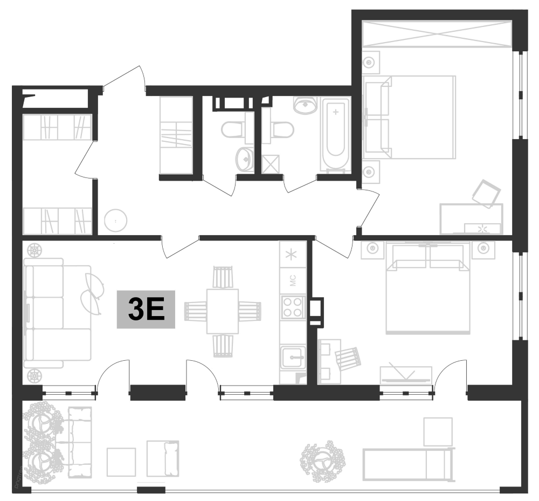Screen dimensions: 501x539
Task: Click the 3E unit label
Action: coord(147,310)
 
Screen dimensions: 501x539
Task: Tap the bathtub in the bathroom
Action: coord(336,133)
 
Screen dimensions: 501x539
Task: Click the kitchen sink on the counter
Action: coord(293,356)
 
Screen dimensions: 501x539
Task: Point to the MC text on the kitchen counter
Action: coord(293,280)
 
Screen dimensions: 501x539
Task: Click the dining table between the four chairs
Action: coord(223,311)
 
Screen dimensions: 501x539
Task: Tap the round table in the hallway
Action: coord(115,220)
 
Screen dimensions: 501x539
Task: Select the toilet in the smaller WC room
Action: coord(233,129)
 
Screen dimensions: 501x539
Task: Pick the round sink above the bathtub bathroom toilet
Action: coord(306,105)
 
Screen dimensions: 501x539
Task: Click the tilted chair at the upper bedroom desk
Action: coord(487,194)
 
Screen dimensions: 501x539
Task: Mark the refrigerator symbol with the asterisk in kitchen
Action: coord(293,253)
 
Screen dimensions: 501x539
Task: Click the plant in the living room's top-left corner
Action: coord(34,250)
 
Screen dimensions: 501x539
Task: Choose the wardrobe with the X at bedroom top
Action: coord(436,34)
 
